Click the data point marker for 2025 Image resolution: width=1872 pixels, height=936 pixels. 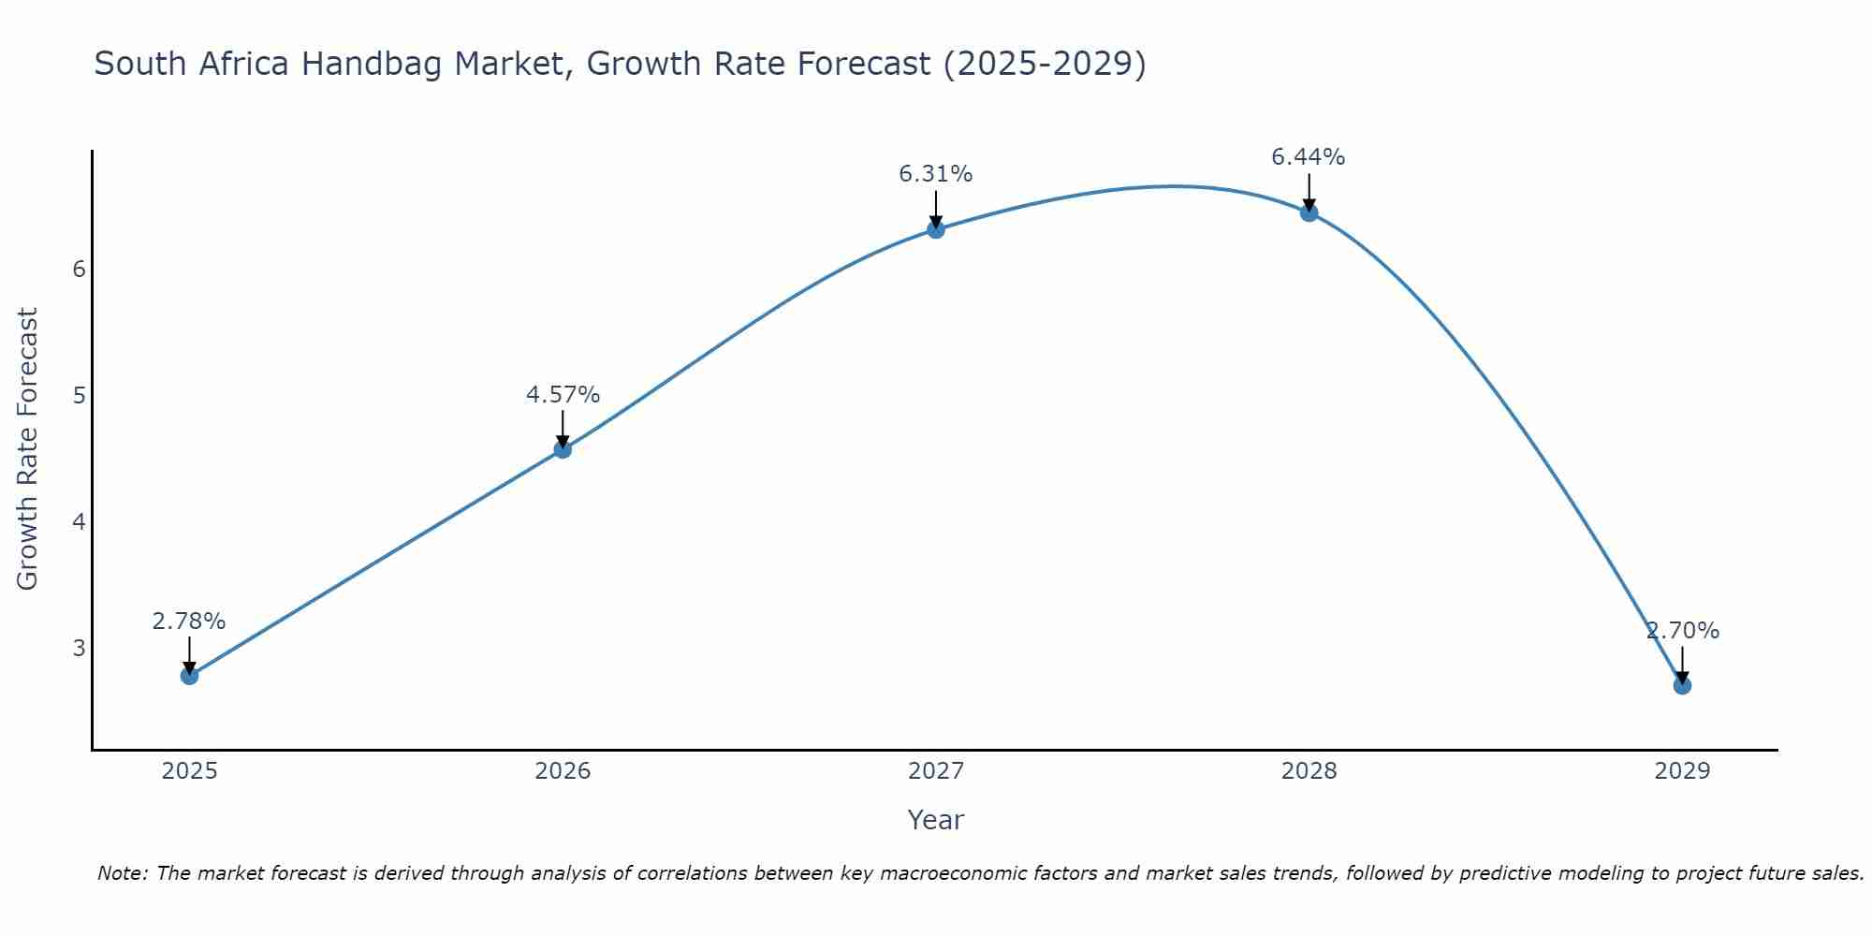point(189,675)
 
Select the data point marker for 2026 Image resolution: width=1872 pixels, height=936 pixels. point(563,449)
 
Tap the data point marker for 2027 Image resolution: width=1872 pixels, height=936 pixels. point(936,229)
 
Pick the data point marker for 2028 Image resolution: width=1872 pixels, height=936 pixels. point(1309,212)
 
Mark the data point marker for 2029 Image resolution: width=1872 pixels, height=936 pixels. point(1682,685)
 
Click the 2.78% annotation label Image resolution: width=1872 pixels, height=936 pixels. point(189,622)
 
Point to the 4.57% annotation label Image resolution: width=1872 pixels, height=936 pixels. point(563,395)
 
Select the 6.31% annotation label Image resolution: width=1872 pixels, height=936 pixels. point(936,174)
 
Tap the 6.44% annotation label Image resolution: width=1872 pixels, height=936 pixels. point(1309,157)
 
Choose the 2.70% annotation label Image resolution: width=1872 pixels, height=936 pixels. point(1682,631)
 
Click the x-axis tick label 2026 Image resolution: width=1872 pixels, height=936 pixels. point(563,771)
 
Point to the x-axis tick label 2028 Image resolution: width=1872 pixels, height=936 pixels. point(1309,771)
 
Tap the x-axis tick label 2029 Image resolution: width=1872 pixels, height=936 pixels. point(1682,771)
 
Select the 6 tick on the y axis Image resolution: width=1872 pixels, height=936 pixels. point(79,270)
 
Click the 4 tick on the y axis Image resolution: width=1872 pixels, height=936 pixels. point(79,521)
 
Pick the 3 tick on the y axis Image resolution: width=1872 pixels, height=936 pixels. point(79,648)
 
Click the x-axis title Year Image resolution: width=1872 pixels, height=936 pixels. point(936,820)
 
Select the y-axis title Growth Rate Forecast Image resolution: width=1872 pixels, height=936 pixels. point(28,449)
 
